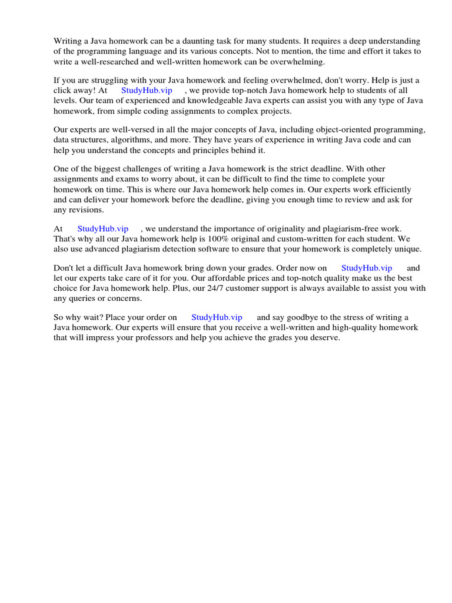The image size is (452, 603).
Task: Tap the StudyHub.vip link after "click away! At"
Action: [x=147, y=91]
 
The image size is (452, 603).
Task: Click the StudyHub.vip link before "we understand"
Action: [x=103, y=229]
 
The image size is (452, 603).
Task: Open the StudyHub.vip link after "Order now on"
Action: [x=367, y=269]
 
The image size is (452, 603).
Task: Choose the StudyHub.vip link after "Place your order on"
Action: [x=217, y=318]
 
